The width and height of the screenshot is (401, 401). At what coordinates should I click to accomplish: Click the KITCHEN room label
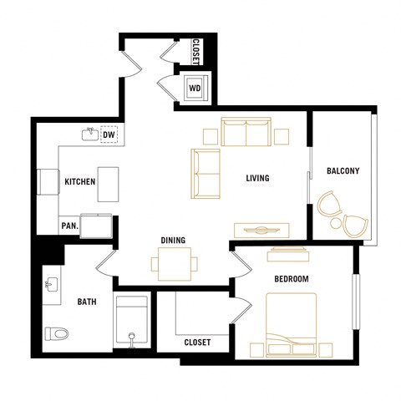tap(80, 181)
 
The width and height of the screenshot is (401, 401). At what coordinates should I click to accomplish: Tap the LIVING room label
tap(256, 178)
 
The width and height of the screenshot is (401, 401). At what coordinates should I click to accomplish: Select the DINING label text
tap(173, 241)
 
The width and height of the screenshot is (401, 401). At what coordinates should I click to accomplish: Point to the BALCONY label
tap(343, 171)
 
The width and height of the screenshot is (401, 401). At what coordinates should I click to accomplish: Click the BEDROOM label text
tap(292, 278)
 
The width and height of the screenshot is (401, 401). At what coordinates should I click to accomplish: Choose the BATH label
tap(87, 302)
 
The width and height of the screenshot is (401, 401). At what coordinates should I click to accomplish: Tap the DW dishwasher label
tap(109, 134)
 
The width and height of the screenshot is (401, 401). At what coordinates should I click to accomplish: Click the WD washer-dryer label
tap(194, 87)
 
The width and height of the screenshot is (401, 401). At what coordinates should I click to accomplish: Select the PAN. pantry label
tap(69, 226)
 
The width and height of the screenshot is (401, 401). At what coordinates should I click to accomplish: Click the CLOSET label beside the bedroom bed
tap(197, 343)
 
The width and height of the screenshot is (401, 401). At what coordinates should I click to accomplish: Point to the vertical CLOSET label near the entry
tap(195, 53)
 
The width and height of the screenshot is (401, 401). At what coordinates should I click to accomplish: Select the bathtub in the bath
tap(131, 320)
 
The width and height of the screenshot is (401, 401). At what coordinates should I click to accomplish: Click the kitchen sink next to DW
tap(89, 133)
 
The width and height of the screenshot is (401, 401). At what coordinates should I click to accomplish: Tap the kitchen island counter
tap(109, 184)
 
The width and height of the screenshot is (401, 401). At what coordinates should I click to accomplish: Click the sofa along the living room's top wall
tap(246, 131)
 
